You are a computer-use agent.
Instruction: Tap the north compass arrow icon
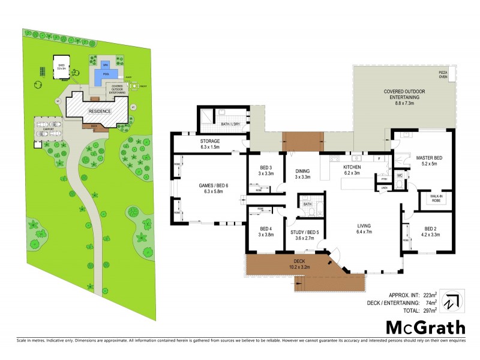tap(451, 301)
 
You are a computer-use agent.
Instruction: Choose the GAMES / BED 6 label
tap(207, 188)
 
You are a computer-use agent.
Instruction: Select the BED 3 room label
tap(266, 170)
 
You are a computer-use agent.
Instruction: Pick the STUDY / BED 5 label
tap(304, 234)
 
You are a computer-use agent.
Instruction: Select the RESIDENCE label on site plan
tap(99, 112)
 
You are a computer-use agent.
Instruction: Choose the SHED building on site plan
tap(61, 67)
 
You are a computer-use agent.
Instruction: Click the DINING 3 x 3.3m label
tap(303, 174)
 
